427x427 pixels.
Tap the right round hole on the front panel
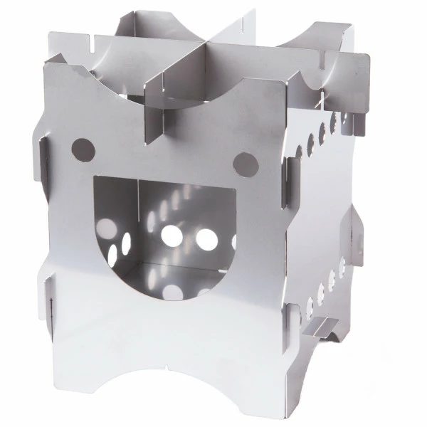tap(243, 162)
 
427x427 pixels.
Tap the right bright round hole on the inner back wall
tap(207, 239)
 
